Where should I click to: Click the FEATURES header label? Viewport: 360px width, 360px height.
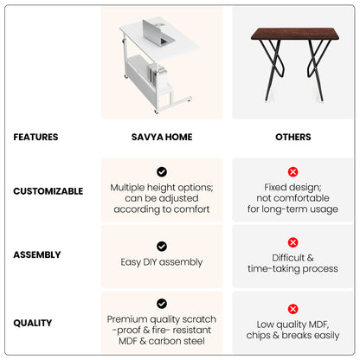point(35,137)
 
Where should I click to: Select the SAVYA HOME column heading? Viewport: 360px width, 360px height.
point(162,137)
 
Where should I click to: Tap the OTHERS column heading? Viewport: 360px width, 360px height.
point(293,137)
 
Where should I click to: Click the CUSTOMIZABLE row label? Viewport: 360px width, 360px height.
point(48,191)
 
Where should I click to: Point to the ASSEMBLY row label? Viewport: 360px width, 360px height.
point(37,254)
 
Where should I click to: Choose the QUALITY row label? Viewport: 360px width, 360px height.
point(33,323)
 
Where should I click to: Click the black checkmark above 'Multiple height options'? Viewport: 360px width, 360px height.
point(162,172)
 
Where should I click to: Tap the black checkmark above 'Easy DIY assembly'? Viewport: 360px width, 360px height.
point(162,247)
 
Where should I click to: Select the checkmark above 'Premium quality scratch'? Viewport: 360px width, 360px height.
point(162,304)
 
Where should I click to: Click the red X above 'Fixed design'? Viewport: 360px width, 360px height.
point(292,172)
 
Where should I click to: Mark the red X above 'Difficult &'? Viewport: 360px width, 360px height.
point(292,242)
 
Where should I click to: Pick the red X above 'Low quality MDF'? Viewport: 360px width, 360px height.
point(292,309)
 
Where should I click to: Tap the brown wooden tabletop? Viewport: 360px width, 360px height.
point(295,34)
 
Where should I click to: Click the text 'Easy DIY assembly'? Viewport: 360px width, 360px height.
point(162,262)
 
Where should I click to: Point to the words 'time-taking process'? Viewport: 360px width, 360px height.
point(292,269)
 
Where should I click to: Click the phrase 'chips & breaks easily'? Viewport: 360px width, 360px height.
point(292,336)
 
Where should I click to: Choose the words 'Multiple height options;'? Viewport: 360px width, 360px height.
point(162,188)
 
